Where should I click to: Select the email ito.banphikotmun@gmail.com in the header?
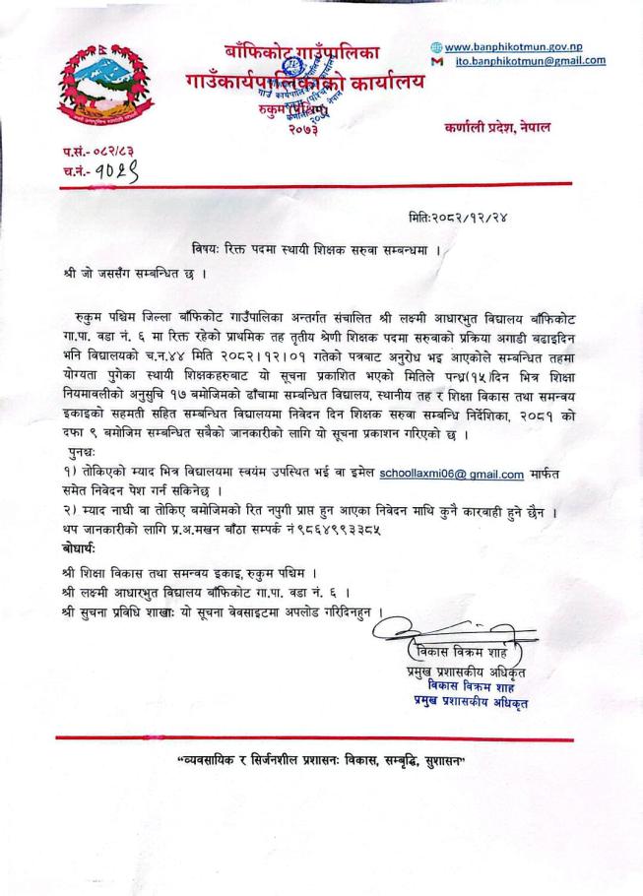[531, 61]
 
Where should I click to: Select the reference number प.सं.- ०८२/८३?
[95, 153]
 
